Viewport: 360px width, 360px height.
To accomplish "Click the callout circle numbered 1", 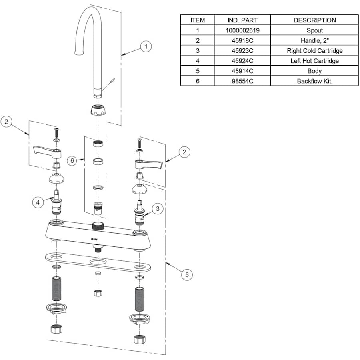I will tap(146, 47).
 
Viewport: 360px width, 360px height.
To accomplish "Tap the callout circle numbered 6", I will tap(72, 161).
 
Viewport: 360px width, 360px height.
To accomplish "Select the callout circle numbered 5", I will tap(186, 275).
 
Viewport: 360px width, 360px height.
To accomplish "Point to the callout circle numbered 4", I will tap(38, 202).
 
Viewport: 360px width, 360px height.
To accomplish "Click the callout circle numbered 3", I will tap(158, 208).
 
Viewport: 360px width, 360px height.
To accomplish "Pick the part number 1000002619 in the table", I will tap(242, 30).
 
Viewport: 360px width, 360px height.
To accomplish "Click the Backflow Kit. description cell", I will tap(314, 81).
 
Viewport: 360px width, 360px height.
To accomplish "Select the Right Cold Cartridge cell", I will tap(314, 51).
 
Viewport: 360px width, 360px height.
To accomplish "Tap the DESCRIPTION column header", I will tap(314, 20).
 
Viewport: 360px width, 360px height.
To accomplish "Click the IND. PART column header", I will tap(242, 20).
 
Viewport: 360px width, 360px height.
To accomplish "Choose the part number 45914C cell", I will tap(242, 71).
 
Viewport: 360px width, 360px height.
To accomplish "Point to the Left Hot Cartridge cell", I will tap(314, 61).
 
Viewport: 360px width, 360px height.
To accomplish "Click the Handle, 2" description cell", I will tap(314, 40).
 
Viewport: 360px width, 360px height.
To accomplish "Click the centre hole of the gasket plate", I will tap(98, 262).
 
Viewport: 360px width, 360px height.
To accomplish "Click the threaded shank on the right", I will tap(139, 298).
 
